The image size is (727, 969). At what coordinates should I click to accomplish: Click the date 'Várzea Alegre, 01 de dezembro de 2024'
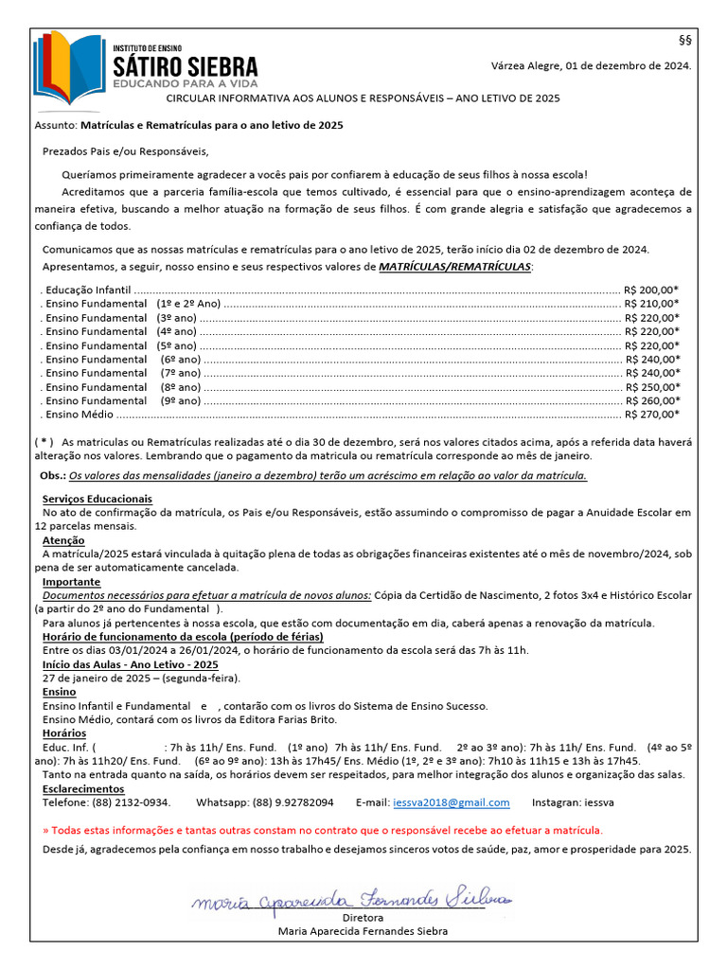coord(591,66)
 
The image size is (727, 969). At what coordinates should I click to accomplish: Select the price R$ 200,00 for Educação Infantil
coord(650,290)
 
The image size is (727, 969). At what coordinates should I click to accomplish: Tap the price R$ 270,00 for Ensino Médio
coord(650,414)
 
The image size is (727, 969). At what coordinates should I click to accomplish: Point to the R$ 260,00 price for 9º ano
coord(650,400)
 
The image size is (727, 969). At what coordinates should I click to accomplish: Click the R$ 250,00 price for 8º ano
coord(650,386)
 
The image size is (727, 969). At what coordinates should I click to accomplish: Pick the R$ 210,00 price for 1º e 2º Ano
coord(650,304)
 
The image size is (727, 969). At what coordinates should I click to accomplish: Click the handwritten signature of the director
coord(351,898)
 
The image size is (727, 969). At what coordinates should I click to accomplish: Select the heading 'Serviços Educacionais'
coord(98,499)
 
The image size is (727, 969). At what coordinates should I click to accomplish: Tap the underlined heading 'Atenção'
coord(63,540)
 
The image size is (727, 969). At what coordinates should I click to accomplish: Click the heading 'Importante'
coord(71,581)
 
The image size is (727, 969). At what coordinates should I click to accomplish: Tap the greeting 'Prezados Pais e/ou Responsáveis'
coord(125,151)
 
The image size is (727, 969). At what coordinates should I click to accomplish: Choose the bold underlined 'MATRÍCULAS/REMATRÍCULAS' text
coord(454,267)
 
